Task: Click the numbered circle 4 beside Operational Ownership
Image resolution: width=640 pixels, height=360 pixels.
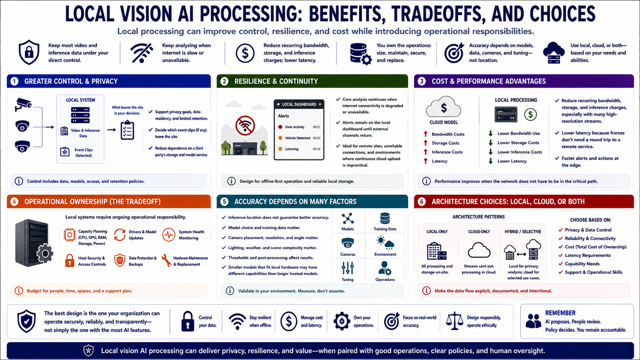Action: (x=14, y=202)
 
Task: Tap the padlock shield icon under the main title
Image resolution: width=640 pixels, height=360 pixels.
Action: (x=29, y=52)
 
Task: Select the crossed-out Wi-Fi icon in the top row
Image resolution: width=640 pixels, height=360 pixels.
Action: (x=141, y=52)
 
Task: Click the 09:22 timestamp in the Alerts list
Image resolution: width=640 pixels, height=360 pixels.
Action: (x=316, y=138)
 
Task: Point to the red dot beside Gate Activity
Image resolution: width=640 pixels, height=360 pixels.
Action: (x=280, y=127)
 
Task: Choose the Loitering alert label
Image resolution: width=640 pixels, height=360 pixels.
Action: (x=291, y=149)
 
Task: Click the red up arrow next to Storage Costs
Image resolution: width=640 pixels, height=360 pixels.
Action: (x=425, y=143)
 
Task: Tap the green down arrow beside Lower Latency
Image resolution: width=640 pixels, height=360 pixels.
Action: (x=491, y=161)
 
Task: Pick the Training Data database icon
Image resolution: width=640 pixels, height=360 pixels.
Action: (x=385, y=218)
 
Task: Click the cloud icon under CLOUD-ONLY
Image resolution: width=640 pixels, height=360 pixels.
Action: (x=479, y=250)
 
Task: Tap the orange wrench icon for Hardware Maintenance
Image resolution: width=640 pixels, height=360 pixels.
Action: (x=166, y=261)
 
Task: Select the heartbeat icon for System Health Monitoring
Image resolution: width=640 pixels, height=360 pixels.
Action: (x=168, y=235)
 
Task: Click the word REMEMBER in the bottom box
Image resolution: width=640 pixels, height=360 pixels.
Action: (x=560, y=313)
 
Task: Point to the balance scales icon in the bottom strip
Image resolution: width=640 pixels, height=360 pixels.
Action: (x=454, y=321)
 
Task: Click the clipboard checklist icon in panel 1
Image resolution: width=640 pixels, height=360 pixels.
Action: (x=127, y=130)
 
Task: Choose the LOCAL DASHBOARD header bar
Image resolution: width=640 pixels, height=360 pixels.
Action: (x=299, y=104)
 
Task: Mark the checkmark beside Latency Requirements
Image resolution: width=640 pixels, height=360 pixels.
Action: (x=560, y=255)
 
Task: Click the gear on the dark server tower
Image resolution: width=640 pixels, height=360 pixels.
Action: (x=45, y=253)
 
